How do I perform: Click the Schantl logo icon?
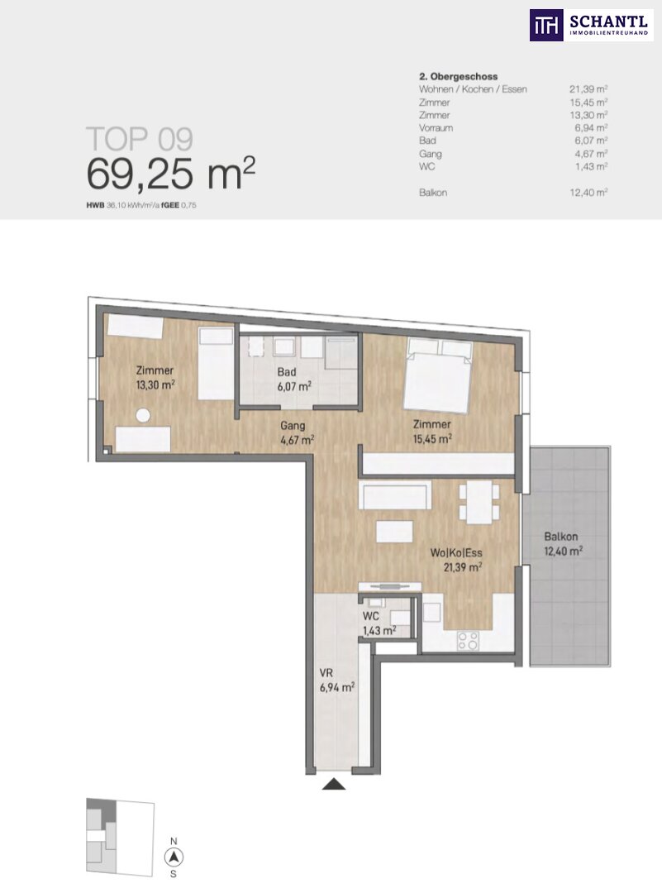(x=546, y=25)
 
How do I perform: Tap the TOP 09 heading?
(x=140, y=140)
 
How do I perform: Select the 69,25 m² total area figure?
(x=171, y=174)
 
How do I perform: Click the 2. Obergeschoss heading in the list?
(x=458, y=76)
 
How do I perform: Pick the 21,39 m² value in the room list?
(x=588, y=88)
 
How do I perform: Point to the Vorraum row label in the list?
(x=436, y=127)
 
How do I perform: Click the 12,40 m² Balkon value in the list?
(x=588, y=193)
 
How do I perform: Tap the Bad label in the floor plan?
(x=287, y=372)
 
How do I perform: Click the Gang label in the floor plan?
(x=293, y=426)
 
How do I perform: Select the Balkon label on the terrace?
(x=560, y=537)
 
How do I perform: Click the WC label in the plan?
(x=371, y=616)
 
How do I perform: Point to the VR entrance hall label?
(x=326, y=673)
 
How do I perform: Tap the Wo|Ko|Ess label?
(x=456, y=553)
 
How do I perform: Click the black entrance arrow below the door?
(x=334, y=784)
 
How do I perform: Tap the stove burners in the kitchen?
(x=468, y=642)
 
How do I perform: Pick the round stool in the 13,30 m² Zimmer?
(x=143, y=416)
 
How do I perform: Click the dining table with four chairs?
(x=479, y=503)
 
